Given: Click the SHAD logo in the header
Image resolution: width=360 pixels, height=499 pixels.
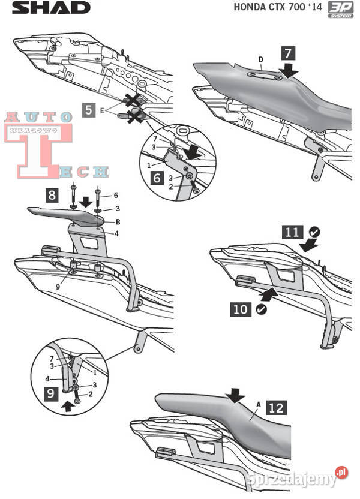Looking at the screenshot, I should point(51,8).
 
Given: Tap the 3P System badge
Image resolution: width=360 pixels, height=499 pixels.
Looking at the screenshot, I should point(340,10).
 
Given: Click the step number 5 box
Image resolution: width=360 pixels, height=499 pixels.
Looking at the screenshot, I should point(89,110).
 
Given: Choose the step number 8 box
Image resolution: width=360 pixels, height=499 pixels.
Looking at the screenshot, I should point(52,194).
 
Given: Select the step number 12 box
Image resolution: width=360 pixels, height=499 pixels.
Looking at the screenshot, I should point(275,408).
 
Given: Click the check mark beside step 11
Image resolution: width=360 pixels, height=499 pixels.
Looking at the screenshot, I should point(315,232).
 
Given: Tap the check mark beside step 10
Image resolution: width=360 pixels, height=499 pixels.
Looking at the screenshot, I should point(260,309).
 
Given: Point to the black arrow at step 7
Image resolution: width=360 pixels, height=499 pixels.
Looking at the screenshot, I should point(290,71).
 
